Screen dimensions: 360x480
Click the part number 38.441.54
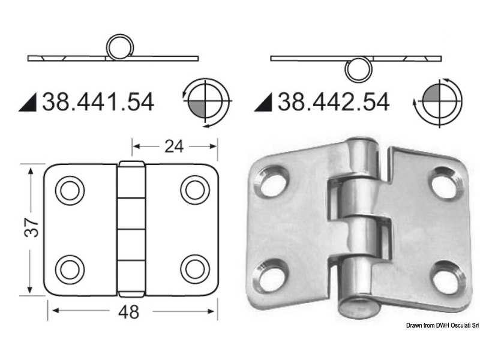tap(98, 103)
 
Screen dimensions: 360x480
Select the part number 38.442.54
tap(333, 103)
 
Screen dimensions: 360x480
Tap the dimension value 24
tap(173, 146)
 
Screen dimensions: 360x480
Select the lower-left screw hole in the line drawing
tap(70, 267)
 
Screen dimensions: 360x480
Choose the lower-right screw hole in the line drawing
tap(195, 267)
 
